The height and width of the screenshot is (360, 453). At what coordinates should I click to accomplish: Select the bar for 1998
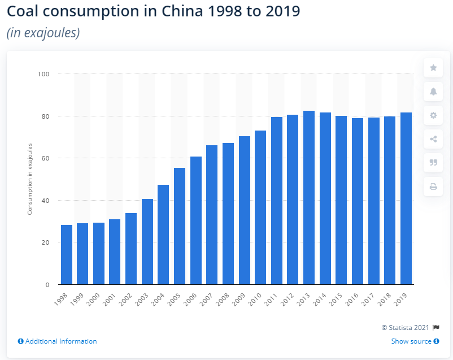click(67, 255)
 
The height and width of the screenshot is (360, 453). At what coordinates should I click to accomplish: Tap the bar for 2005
click(180, 226)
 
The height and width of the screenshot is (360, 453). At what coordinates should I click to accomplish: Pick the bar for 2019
click(406, 198)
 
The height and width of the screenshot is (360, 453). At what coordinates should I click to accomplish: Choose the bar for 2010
click(260, 207)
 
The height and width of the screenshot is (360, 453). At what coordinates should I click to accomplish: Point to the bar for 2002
click(131, 249)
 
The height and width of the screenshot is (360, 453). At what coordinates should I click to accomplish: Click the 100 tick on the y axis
click(44, 74)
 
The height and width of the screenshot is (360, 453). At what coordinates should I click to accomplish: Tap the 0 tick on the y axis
click(47, 285)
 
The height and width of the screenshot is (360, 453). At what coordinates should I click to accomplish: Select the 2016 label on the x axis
click(354, 299)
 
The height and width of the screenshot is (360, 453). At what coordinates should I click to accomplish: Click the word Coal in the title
click(24, 12)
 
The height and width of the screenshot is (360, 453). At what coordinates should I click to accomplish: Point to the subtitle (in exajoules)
click(43, 33)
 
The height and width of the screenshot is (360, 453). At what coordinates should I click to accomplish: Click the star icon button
click(433, 68)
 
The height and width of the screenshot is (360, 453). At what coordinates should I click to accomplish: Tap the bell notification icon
click(433, 92)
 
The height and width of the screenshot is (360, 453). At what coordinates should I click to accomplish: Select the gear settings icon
click(433, 115)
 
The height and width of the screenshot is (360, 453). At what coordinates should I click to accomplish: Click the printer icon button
click(433, 186)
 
